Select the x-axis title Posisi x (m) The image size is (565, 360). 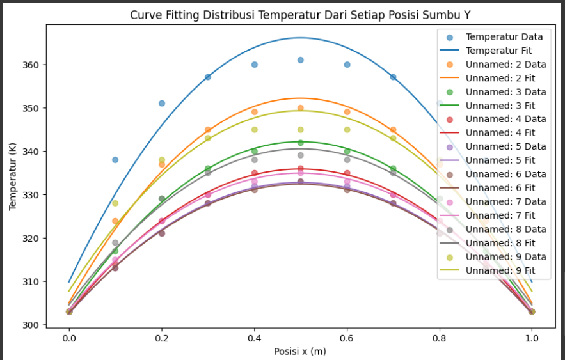pos(301,351)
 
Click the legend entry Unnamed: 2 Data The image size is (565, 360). pos(505,64)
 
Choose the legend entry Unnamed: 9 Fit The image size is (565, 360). pos(500,270)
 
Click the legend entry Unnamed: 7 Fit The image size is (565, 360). pos(500,215)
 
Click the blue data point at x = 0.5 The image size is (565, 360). pos(301,60)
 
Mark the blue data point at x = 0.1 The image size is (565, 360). pos(115,160)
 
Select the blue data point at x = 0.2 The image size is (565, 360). pos(162,103)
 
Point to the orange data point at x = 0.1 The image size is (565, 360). pos(115,221)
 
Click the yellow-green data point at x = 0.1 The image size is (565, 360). pos(115,203)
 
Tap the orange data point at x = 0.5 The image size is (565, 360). pos(301,108)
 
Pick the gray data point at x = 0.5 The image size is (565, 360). pos(301,155)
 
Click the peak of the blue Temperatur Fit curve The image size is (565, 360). pos(301,38)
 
